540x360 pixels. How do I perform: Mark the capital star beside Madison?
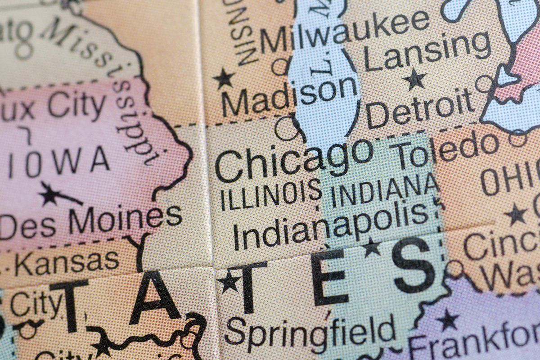point(224,78)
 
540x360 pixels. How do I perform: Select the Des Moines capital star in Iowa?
point(49,195)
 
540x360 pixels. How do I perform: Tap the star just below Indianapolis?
point(372,247)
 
